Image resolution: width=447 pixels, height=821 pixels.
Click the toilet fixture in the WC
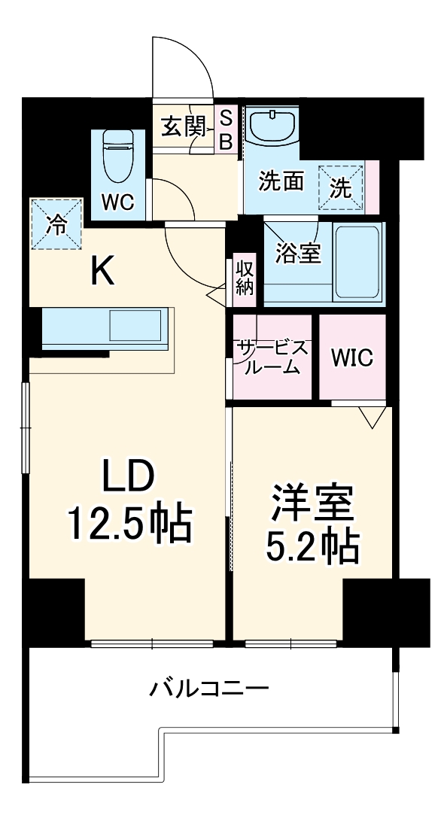click(117, 156)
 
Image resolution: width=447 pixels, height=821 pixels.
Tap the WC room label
click(117, 202)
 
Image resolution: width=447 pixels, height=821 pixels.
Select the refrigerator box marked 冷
click(56, 223)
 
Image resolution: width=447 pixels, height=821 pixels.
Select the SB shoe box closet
click(224, 129)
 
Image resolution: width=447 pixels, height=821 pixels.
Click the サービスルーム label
click(272, 357)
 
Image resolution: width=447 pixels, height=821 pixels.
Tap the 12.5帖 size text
click(130, 525)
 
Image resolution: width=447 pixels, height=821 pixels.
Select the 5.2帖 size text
click(312, 549)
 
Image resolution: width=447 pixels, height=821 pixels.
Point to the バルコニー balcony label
click(208, 687)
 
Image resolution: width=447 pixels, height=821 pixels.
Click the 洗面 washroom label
click(281, 181)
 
